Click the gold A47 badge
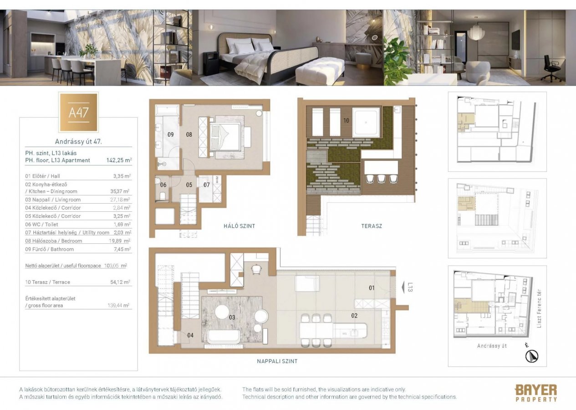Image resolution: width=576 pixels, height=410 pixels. pos(78,113)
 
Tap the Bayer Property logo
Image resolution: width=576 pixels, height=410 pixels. pos(535,393)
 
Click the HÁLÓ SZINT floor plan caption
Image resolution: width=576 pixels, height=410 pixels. pos(240,226)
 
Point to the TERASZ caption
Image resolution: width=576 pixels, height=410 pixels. pos(372,226)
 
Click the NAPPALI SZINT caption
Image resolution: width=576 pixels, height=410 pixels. pos(277,361)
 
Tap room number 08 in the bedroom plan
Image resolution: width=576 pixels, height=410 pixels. pos(189,134)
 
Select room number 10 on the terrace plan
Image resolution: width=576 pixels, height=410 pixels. pos(347,121)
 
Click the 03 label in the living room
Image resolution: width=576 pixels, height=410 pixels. pos(232,317)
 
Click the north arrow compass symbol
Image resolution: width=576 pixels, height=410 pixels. pos(530,355)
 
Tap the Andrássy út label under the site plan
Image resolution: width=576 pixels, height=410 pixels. pos(492,346)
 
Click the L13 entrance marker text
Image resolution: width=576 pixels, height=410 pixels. pos(410,287)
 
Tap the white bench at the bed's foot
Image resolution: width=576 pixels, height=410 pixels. pos(320,71)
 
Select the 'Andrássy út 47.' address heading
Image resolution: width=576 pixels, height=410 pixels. pos(78,142)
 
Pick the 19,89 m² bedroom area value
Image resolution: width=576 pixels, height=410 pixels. pos(121,241)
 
